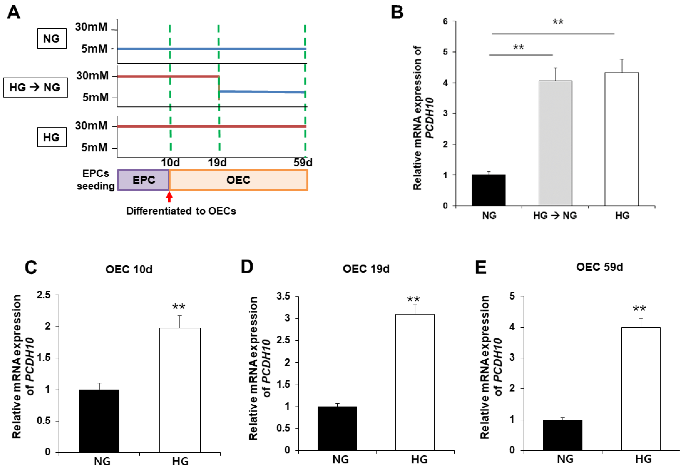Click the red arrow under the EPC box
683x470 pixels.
point(169,197)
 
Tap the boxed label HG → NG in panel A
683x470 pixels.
point(35,87)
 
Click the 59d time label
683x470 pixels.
point(303,163)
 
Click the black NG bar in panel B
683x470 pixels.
point(489,190)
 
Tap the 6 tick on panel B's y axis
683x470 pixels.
point(445,21)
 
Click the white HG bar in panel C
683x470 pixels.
point(180,390)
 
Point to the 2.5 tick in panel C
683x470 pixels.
point(44,295)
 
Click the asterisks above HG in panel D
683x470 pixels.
point(413,299)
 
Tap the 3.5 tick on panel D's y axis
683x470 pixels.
point(283,296)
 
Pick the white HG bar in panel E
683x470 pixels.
point(641,389)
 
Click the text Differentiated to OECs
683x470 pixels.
point(181,211)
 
